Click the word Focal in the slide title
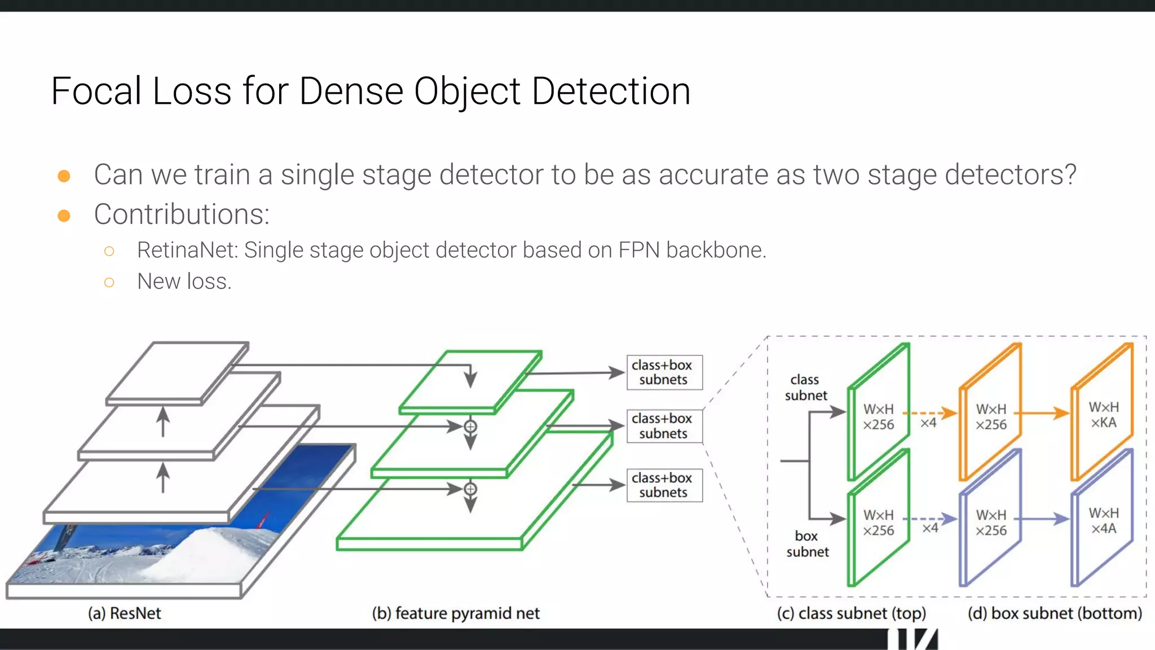(96, 91)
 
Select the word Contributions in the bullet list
(182, 214)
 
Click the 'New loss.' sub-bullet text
(184, 281)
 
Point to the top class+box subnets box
(664, 372)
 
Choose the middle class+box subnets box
(664, 426)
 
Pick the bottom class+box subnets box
(664, 485)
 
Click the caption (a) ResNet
(125, 613)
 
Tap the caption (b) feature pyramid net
(456, 613)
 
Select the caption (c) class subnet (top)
(851, 613)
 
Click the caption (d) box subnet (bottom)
(1055, 613)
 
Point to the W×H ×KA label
(1103, 415)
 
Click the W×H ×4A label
(1103, 521)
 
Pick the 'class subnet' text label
(805, 388)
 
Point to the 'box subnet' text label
(807, 544)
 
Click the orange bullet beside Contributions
(64, 216)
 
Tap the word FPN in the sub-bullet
(639, 250)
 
